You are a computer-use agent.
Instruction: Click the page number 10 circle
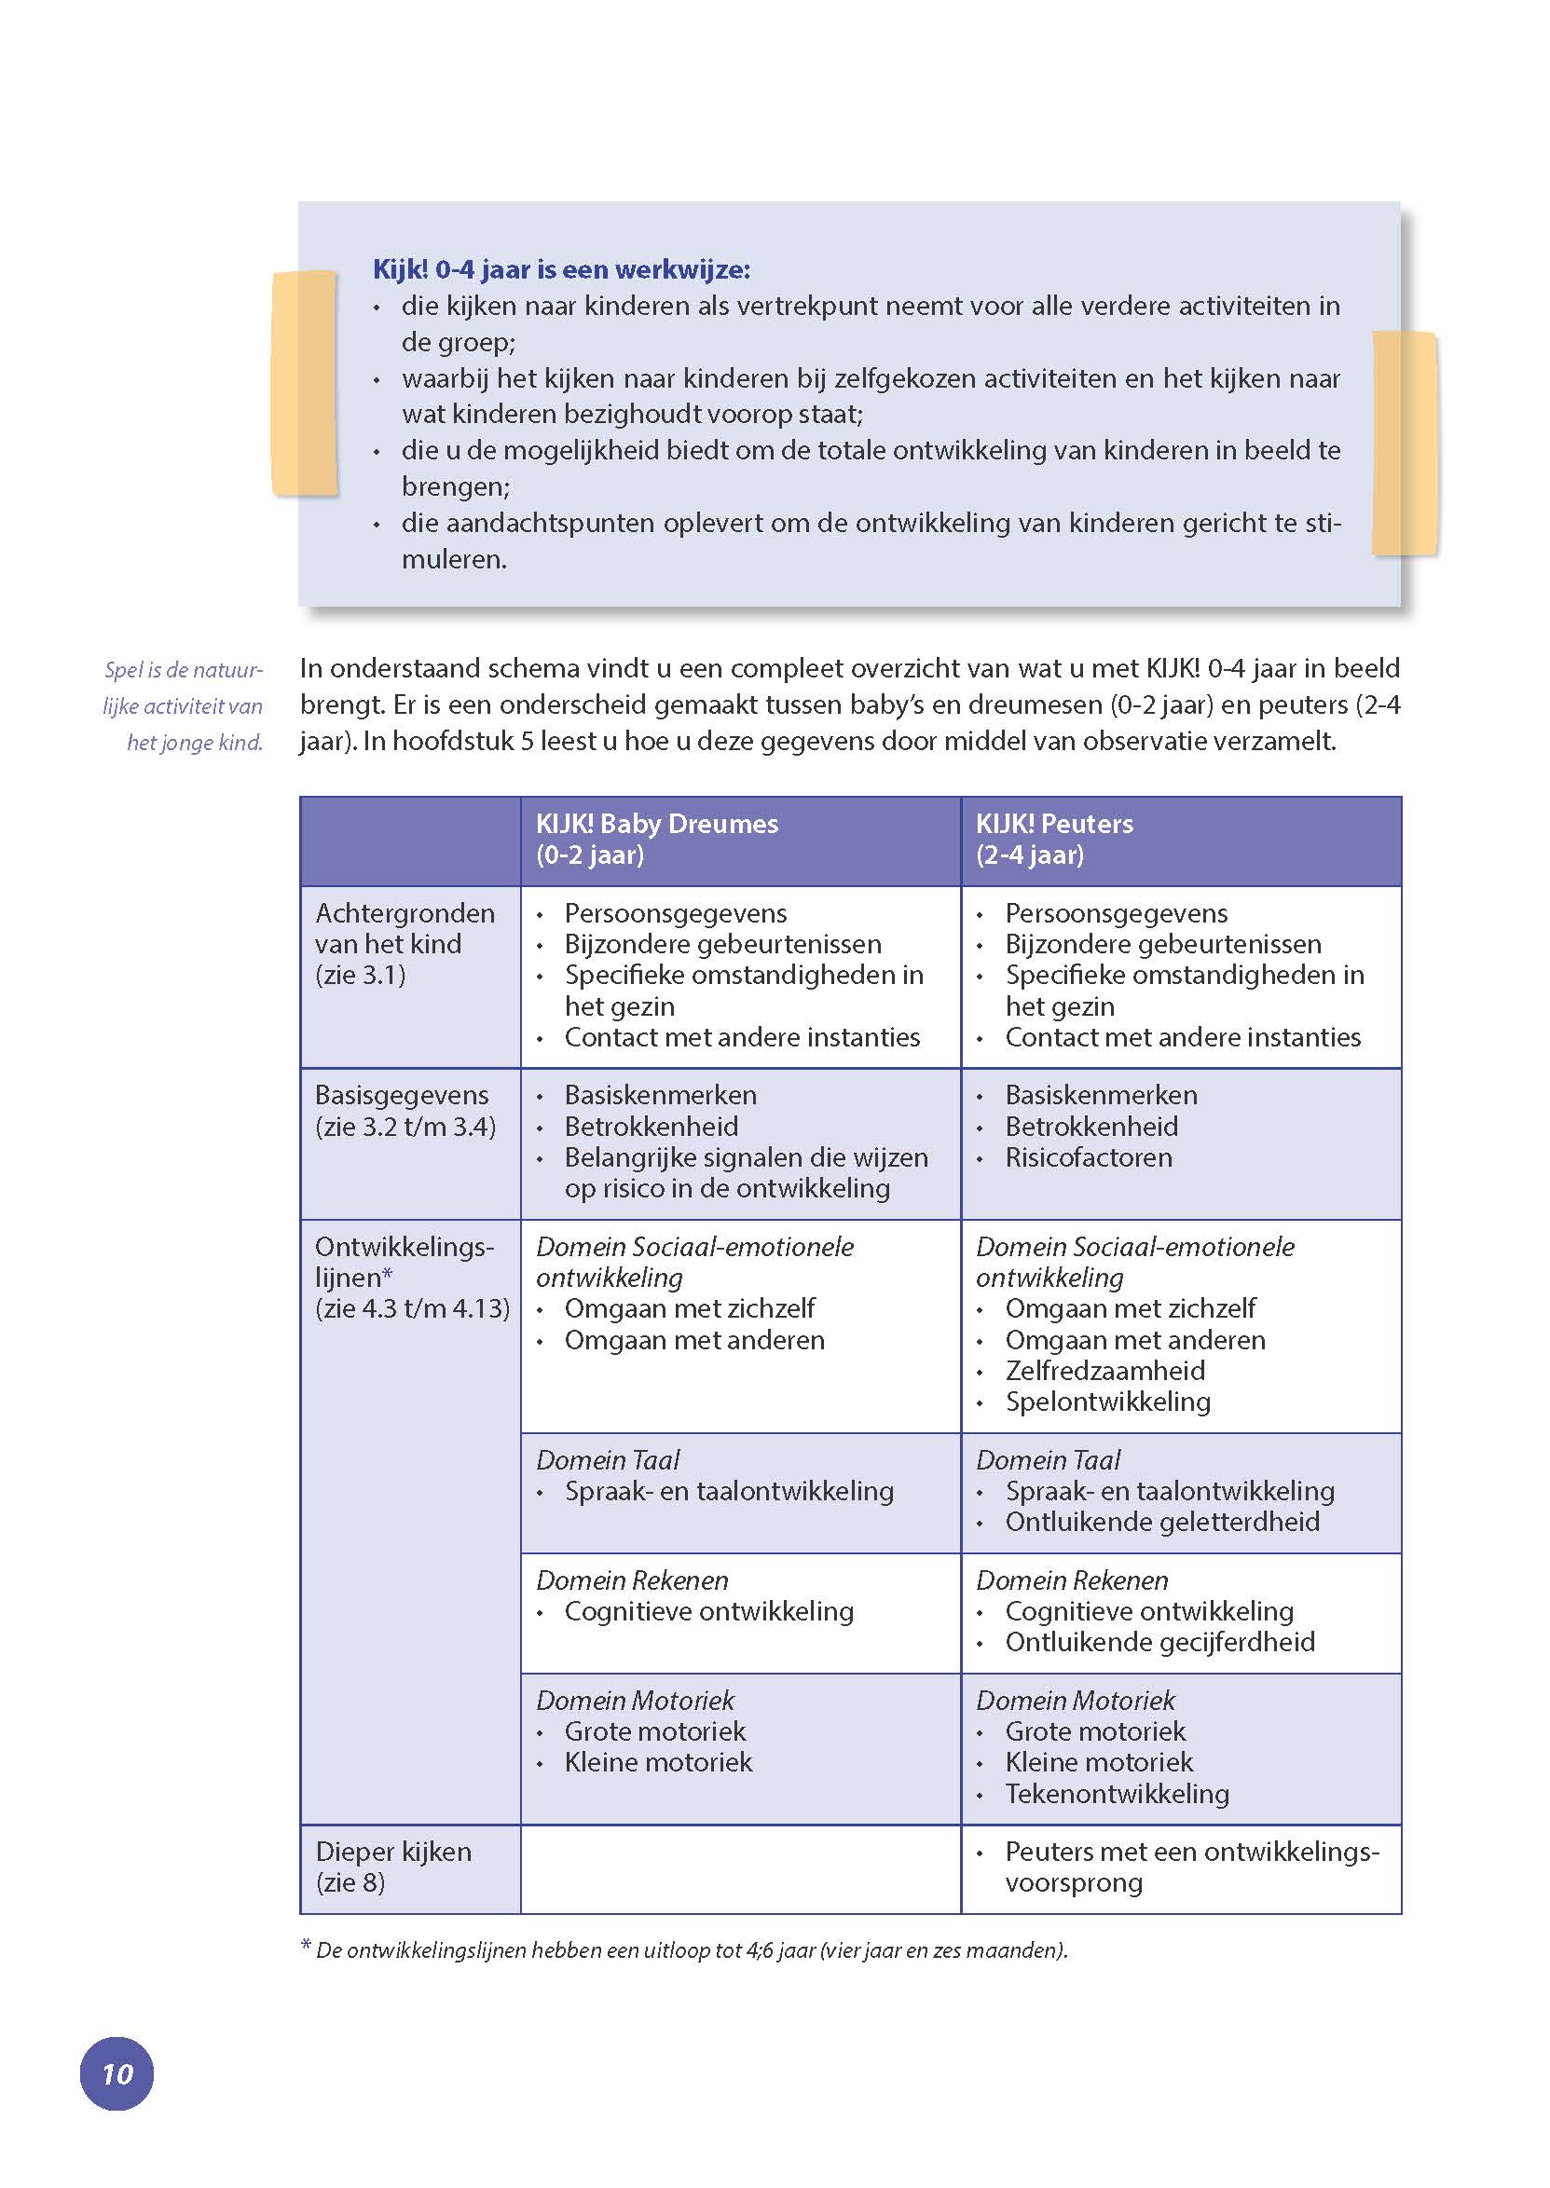pyautogui.click(x=117, y=2072)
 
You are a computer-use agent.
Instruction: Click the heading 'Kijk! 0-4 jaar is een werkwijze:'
pyautogui.click(x=561, y=270)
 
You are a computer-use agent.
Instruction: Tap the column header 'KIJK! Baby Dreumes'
pyautogui.click(x=657, y=825)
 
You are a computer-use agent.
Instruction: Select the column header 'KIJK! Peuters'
pyautogui.click(x=1054, y=825)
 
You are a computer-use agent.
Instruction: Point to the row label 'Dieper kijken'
pyautogui.click(x=393, y=1853)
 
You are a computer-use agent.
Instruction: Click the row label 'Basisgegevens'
pyautogui.click(x=402, y=1096)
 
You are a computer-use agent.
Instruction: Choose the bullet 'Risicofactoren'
pyautogui.click(x=1088, y=1157)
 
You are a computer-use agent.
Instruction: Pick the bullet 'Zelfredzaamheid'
pyautogui.click(x=1104, y=1371)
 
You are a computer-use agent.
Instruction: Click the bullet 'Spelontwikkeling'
pyautogui.click(x=1107, y=1402)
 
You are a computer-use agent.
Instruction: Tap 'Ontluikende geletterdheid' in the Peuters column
pyautogui.click(x=1161, y=1522)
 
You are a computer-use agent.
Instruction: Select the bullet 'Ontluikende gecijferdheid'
pyautogui.click(x=1159, y=1642)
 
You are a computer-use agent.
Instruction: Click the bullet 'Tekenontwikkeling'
pyautogui.click(x=1117, y=1794)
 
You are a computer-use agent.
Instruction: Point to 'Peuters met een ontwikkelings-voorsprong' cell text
pyautogui.click(x=1191, y=1867)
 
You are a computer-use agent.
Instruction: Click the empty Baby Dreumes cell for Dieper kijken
pyautogui.click(x=741, y=1869)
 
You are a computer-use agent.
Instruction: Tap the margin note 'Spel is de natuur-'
pyautogui.click(x=184, y=670)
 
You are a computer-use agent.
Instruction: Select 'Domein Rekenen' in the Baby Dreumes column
pyautogui.click(x=632, y=1581)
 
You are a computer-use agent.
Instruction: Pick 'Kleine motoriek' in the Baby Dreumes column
pyautogui.click(x=659, y=1762)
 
